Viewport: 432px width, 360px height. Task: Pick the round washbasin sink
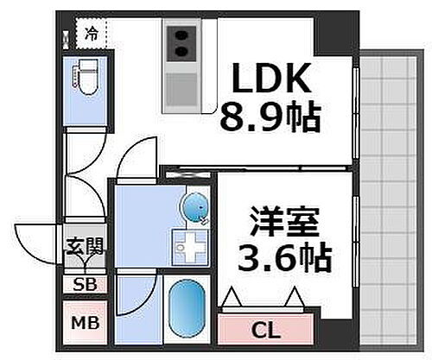[194, 208]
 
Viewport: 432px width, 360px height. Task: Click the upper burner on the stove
[181, 36]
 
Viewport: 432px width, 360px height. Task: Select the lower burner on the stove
[181, 53]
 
